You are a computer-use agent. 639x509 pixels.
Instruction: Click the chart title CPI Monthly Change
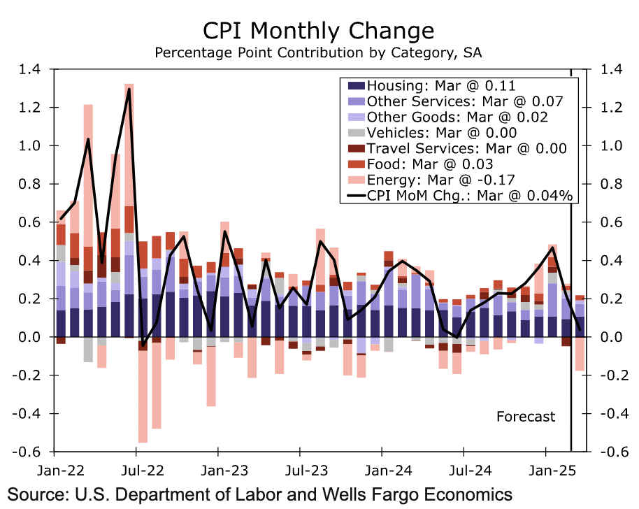(x=318, y=31)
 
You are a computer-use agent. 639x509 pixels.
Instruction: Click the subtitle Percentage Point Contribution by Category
(x=318, y=53)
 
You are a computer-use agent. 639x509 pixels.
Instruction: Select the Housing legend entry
(x=440, y=86)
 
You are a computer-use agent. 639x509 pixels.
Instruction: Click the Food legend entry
(x=430, y=164)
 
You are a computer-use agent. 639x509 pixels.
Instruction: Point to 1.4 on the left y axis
(x=31, y=69)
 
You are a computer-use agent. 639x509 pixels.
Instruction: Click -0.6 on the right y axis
(x=606, y=452)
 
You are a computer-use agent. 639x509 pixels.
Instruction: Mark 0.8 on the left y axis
(x=31, y=184)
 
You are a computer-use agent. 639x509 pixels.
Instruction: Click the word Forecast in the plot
(x=526, y=417)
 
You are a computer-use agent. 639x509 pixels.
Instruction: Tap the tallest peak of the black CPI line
(x=129, y=89)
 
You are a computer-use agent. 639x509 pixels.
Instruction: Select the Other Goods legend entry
(x=457, y=117)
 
